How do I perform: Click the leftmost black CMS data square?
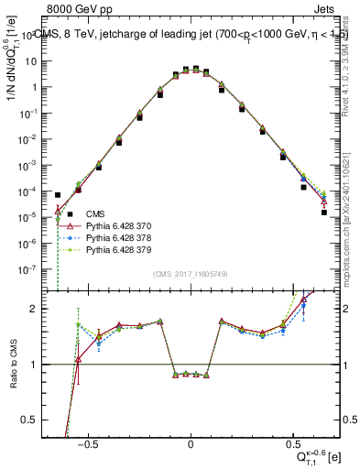[59, 195]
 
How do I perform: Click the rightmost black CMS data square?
[323, 213]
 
